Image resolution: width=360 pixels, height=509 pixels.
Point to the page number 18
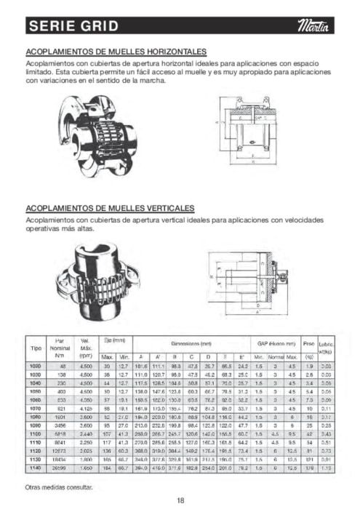180,499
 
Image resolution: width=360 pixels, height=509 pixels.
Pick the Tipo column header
35,348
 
